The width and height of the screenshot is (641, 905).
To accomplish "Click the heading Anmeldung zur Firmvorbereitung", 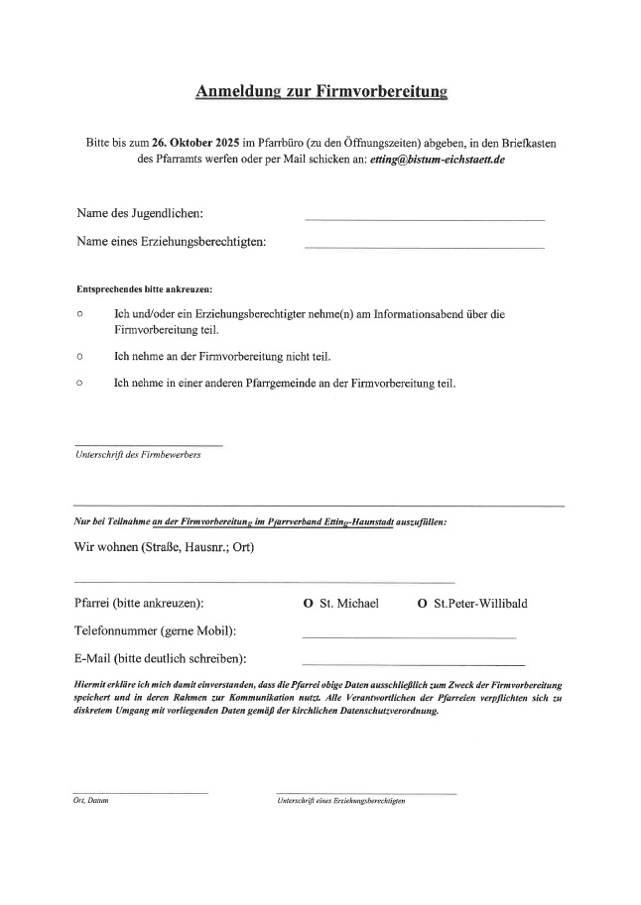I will coord(321,92).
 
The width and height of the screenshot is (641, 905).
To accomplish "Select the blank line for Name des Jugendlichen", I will coord(425,218).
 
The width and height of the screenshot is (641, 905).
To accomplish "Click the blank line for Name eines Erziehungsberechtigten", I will coord(425,247).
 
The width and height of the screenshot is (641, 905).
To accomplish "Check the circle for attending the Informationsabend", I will coord(79,314).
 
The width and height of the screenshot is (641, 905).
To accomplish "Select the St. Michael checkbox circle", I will coord(309,603).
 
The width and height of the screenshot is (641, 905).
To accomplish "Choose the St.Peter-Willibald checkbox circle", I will coord(423,603).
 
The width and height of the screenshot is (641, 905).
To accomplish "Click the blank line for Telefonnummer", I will coord(409,636).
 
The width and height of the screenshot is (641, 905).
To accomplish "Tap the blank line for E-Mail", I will coord(413,663).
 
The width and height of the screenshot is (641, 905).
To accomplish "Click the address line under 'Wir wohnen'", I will coord(264,582).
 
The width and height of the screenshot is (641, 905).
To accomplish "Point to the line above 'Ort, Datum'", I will coord(140,792).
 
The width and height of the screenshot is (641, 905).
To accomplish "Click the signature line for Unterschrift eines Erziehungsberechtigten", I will coord(366,792).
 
